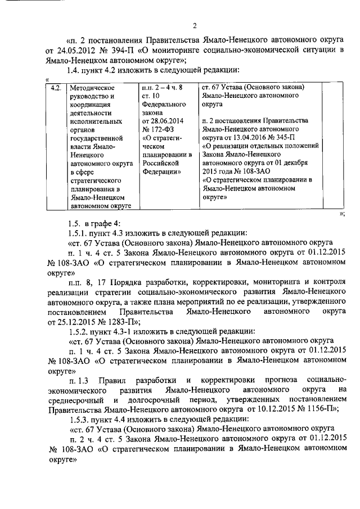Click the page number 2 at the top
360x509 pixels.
(193, 25)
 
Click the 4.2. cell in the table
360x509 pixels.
(55, 88)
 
